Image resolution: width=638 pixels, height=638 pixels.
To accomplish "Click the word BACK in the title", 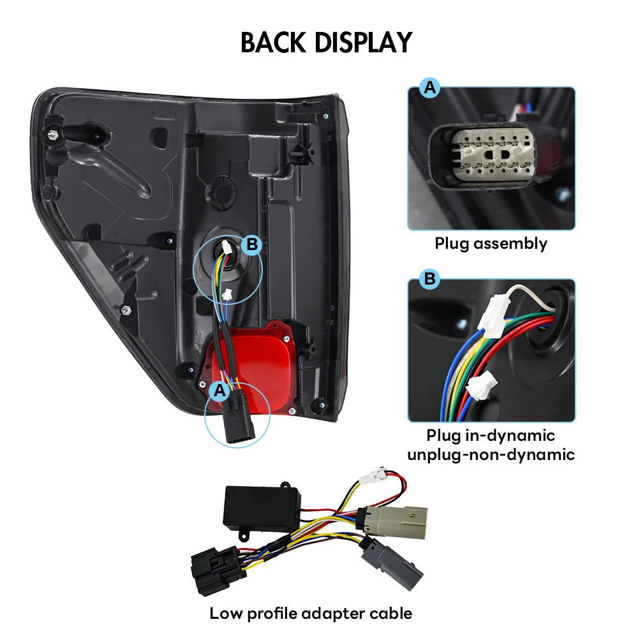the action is pyautogui.click(x=274, y=42).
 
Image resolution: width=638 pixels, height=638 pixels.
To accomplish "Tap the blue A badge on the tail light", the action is pyautogui.click(x=219, y=390).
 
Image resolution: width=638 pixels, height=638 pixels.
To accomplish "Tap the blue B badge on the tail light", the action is pyautogui.click(x=252, y=244).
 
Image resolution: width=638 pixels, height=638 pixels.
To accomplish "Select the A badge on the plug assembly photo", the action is pyautogui.click(x=429, y=87).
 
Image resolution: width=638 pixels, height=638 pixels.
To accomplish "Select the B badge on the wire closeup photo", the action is pyautogui.click(x=429, y=279).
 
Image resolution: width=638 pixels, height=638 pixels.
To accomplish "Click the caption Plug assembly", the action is pyautogui.click(x=491, y=243).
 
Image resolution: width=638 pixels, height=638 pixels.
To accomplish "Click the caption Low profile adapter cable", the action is pyautogui.click(x=311, y=613).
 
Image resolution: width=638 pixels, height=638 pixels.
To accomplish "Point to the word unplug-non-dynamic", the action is pyautogui.click(x=491, y=454).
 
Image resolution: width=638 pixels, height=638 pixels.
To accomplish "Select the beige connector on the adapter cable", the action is pyautogui.click(x=392, y=522).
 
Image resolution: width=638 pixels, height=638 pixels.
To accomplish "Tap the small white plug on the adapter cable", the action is pyautogui.click(x=373, y=475).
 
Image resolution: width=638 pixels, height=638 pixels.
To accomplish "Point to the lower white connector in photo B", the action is pyautogui.click(x=482, y=387).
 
